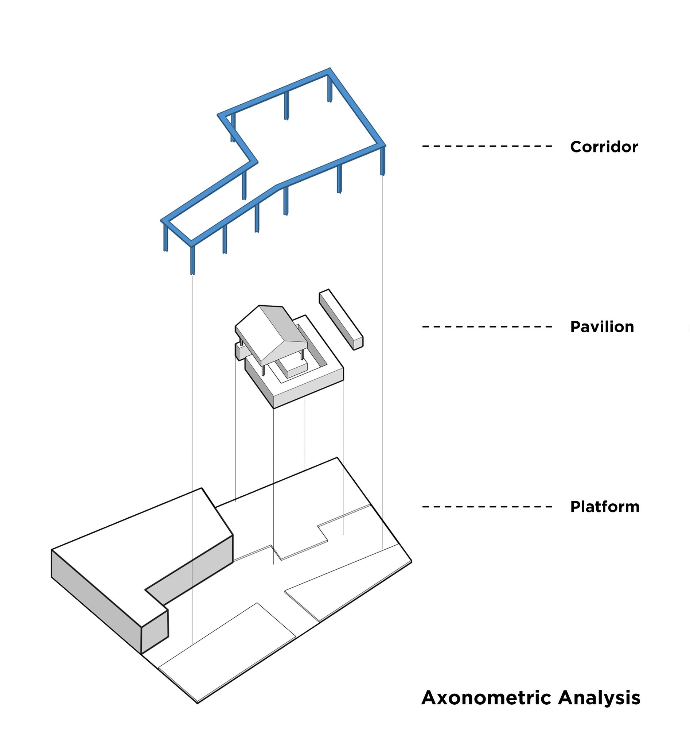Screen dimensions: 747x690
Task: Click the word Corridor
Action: [x=603, y=147]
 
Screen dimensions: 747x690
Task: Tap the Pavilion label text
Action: [x=601, y=327]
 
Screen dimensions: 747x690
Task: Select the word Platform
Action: [x=604, y=507]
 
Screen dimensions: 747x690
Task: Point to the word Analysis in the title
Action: [x=599, y=698]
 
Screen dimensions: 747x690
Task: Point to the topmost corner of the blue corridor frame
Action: [x=329, y=69]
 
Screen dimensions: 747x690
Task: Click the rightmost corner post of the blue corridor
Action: [x=383, y=161]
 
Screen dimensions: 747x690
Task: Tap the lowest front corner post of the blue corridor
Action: [x=193, y=260]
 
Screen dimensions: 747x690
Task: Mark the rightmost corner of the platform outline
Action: [x=411, y=561]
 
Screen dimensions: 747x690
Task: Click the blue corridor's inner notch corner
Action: [x=257, y=162]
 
